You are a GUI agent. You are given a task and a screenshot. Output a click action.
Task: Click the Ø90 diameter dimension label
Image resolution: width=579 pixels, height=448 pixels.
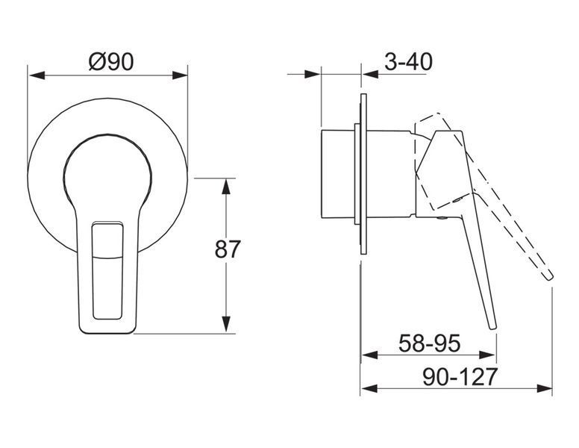(x=111, y=61)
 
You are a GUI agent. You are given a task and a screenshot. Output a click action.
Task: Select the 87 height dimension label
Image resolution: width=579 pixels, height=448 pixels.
(x=228, y=249)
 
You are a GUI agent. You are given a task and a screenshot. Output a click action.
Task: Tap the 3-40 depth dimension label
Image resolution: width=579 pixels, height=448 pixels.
(x=408, y=61)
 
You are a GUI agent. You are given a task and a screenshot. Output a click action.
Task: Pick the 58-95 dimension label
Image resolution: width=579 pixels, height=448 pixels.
(x=430, y=343)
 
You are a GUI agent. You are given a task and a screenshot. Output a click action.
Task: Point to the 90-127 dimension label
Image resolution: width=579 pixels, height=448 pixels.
(x=460, y=376)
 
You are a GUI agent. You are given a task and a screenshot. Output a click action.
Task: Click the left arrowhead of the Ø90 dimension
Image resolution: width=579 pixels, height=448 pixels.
(x=37, y=75)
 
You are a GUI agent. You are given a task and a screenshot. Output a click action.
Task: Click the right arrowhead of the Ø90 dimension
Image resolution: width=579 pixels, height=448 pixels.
(x=180, y=75)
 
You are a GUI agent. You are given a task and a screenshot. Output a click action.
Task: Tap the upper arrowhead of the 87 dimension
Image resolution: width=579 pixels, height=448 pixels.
(x=226, y=187)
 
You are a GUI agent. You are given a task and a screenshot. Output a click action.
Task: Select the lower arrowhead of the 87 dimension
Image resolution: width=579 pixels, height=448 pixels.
(x=226, y=324)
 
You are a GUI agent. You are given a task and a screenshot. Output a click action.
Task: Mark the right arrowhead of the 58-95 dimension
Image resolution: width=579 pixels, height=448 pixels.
(x=487, y=355)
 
